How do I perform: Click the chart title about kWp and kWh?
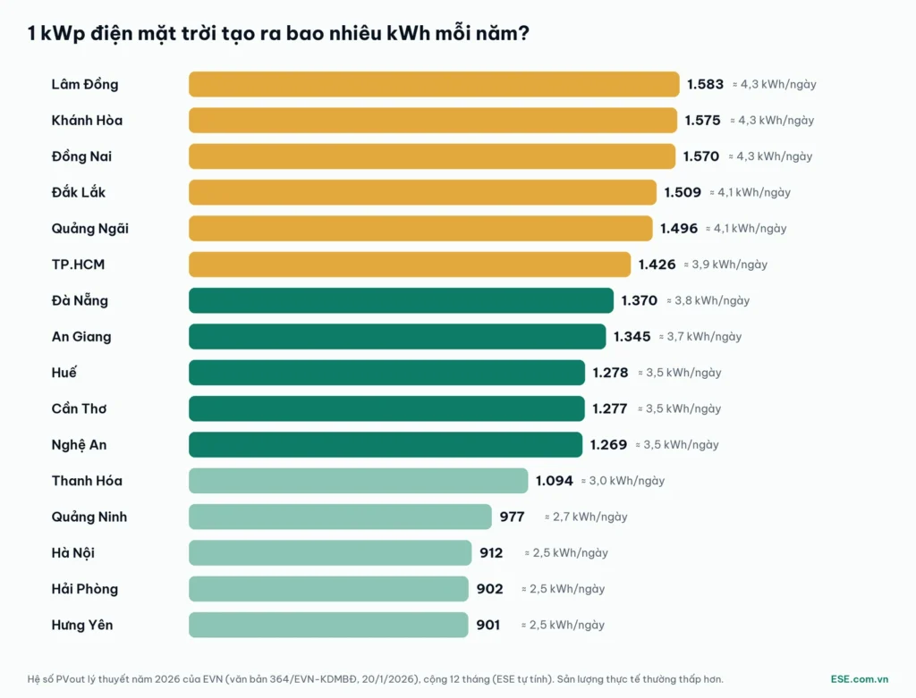click(x=278, y=33)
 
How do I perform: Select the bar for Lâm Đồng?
click(x=434, y=84)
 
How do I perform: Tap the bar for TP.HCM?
click(x=410, y=265)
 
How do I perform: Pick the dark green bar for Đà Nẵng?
click(x=401, y=300)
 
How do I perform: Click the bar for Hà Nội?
click(x=330, y=552)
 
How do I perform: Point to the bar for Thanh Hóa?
click(x=358, y=481)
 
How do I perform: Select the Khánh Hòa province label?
click(x=87, y=121)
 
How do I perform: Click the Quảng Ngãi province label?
click(x=90, y=229)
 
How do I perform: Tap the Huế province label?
click(x=64, y=373)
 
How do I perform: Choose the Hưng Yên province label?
click(x=81, y=625)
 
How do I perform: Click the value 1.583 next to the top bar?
click(x=705, y=84)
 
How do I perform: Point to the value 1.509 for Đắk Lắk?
click(x=683, y=192)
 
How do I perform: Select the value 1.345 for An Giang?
click(x=632, y=337)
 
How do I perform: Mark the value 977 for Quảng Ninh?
click(x=512, y=517)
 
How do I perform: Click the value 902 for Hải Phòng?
click(x=489, y=589)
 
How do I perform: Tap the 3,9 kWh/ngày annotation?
click(x=725, y=265)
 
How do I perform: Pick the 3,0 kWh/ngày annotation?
click(x=623, y=481)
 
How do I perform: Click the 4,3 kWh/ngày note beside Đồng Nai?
click(x=770, y=156)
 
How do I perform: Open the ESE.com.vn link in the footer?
click(x=860, y=679)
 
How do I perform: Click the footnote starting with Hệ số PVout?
click(x=375, y=679)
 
